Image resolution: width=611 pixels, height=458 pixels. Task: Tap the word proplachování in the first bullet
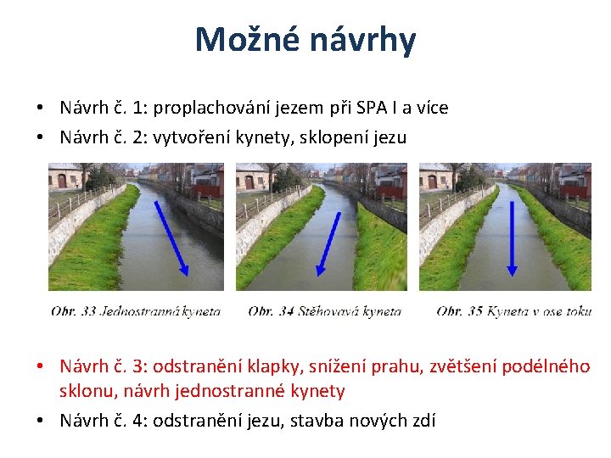coord(221,109)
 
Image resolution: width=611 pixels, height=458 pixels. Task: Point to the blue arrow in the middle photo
coord(328,243)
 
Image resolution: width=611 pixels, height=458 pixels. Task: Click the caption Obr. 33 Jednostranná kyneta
coord(136,311)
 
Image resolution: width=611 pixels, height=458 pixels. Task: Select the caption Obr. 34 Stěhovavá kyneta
coord(324,311)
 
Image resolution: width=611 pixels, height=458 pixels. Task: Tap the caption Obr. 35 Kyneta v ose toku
coord(513,311)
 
